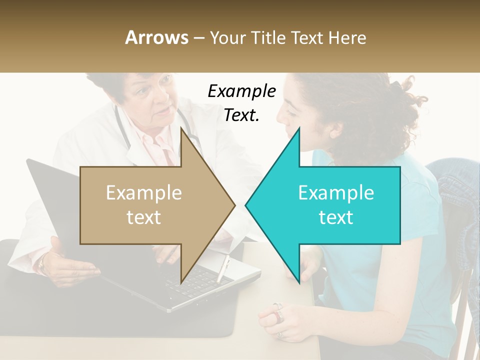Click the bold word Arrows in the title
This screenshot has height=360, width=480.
pos(156,37)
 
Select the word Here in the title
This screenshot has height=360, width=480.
pos(347,38)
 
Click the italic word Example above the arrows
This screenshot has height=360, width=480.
pos(241,91)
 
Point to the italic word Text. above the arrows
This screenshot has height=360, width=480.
pos(241,115)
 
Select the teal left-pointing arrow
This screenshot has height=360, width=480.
pos(335,205)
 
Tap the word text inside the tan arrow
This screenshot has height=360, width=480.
pos(143,217)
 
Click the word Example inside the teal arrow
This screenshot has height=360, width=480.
pos(336,192)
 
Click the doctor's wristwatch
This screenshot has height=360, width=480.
pos(42,262)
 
